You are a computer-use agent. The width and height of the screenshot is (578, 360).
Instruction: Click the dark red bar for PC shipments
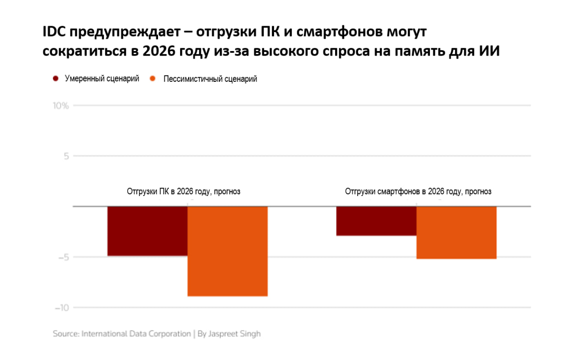click(147, 231)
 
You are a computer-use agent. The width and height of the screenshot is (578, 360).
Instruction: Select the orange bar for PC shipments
click(228, 251)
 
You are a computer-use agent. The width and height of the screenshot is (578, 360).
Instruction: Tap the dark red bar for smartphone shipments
click(376, 221)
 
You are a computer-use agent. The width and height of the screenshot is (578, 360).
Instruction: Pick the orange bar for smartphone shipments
click(456, 232)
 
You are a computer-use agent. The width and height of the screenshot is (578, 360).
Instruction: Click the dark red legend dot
click(56, 79)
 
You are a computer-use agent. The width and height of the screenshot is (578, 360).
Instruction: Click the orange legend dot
click(153, 79)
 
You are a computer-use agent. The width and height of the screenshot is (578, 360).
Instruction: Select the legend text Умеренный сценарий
click(102, 79)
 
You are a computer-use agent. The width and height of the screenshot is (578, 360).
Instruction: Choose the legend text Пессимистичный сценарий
click(210, 79)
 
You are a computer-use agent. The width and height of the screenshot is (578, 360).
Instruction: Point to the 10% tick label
click(61, 106)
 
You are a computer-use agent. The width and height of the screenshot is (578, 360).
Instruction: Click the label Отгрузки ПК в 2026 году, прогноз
click(183, 192)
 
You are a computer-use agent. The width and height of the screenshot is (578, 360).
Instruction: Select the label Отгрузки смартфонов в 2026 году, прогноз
click(418, 192)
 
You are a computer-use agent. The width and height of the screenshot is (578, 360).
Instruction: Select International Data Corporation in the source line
click(136, 334)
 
